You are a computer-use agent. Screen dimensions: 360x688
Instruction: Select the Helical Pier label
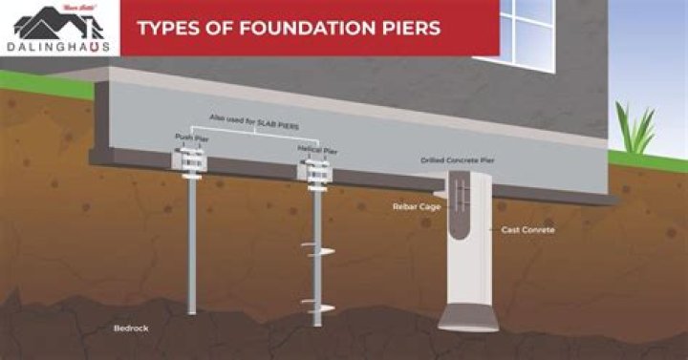[316, 150]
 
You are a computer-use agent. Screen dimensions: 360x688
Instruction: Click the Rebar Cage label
[415, 205]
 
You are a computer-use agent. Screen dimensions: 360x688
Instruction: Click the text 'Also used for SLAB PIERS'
[254, 119]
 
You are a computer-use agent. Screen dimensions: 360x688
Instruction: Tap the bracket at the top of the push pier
[189, 166]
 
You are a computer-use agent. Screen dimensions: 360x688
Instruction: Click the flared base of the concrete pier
[468, 314]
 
